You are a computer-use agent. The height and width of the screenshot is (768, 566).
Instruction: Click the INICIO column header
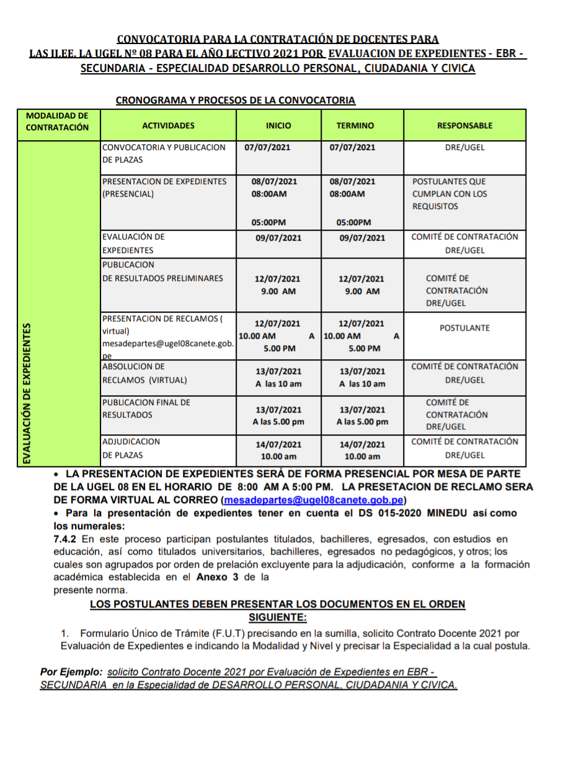278,125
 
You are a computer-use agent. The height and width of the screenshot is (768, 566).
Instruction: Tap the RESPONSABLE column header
465,125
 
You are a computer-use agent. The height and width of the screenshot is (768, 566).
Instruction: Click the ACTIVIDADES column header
168,125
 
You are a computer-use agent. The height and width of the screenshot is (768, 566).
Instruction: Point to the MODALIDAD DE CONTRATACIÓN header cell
57,122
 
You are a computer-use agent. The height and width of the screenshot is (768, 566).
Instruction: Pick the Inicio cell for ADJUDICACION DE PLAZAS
278,450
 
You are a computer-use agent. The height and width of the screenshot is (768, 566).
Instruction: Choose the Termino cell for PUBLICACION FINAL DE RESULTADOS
363,416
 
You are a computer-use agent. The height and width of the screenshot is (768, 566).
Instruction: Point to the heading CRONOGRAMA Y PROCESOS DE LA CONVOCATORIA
235,100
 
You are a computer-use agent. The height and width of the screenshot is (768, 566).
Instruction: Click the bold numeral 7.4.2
66,539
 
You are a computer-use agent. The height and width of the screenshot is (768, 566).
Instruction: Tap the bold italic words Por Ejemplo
71,672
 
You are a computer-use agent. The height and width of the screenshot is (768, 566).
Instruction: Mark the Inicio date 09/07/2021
278,238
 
